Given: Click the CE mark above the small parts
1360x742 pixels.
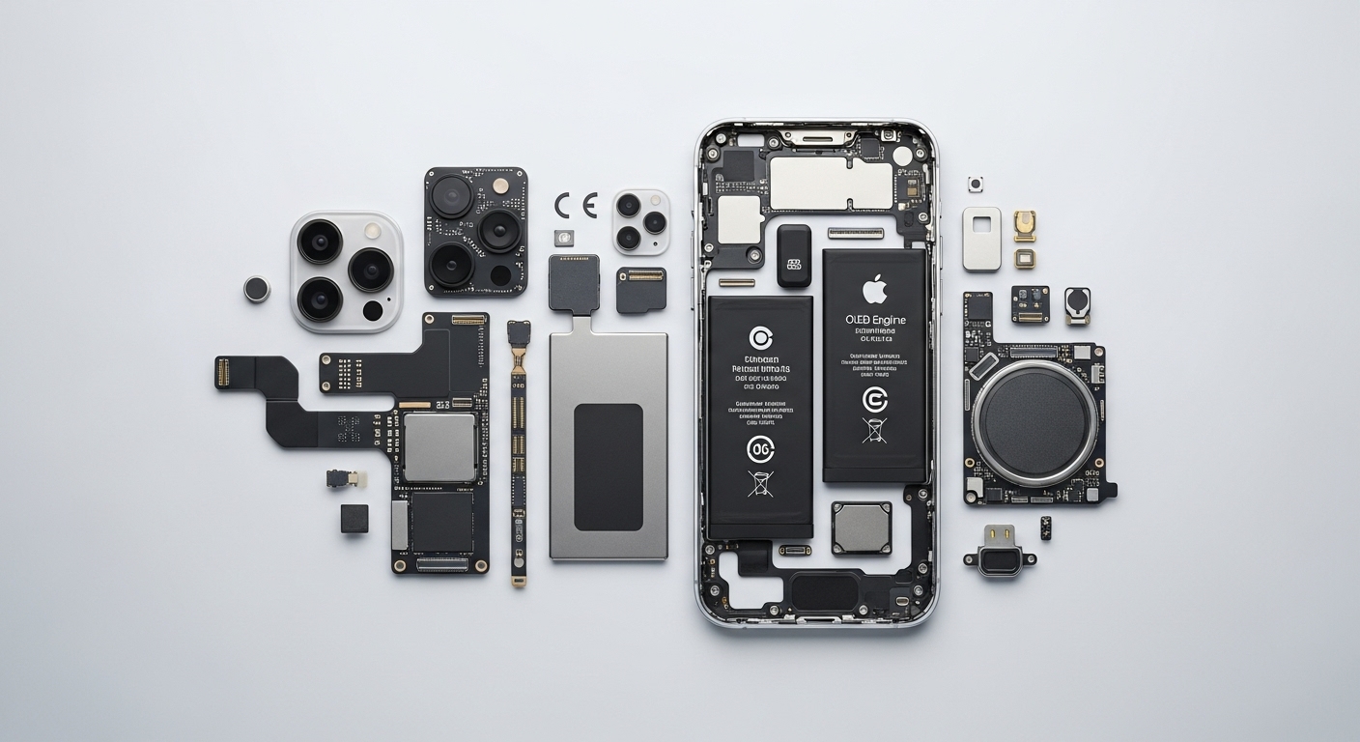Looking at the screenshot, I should (576, 206).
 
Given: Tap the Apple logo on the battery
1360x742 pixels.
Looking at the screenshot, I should (874, 288).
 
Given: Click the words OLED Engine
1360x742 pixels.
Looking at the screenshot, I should (875, 320).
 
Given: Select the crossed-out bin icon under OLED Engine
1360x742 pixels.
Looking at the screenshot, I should (874, 431).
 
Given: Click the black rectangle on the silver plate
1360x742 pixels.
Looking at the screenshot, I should (609, 467).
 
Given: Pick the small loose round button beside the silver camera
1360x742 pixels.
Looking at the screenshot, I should (256, 289).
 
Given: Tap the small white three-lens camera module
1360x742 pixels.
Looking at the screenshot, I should (640, 222).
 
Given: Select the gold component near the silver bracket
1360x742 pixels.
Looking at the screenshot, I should (1025, 226).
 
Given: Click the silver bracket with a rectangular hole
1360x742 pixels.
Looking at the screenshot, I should (981, 238).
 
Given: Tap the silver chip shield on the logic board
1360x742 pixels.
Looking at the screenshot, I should (439, 446).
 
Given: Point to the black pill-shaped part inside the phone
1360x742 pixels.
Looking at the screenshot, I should (794, 256).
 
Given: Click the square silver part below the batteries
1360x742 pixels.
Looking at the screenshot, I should (862, 528).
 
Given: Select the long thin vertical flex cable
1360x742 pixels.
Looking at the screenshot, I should (519, 454).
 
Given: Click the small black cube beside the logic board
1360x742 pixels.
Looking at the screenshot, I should (354, 519).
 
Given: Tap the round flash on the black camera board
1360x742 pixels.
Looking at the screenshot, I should (500, 185).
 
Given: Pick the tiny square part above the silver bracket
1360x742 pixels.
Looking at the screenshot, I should (976, 184).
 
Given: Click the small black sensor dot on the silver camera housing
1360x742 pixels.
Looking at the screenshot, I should (373, 311).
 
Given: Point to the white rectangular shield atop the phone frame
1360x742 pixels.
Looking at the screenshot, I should (817, 184).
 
